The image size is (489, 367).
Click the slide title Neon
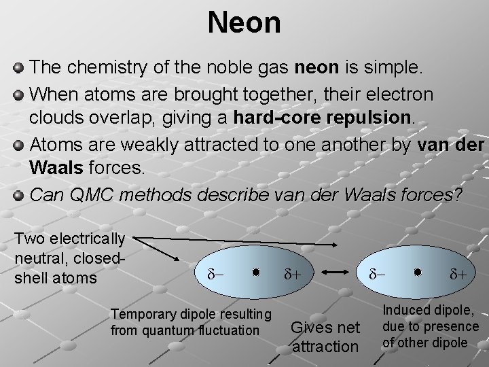click(x=244, y=22)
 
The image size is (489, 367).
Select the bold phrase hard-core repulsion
click(x=323, y=116)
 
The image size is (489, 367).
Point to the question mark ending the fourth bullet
click(x=459, y=195)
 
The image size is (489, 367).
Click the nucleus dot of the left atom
click(x=255, y=273)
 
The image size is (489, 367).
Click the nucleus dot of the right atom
click(x=418, y=273)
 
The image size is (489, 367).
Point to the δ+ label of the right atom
click(x=458, y=275)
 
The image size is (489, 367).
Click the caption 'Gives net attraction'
click(x=325, y=336)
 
